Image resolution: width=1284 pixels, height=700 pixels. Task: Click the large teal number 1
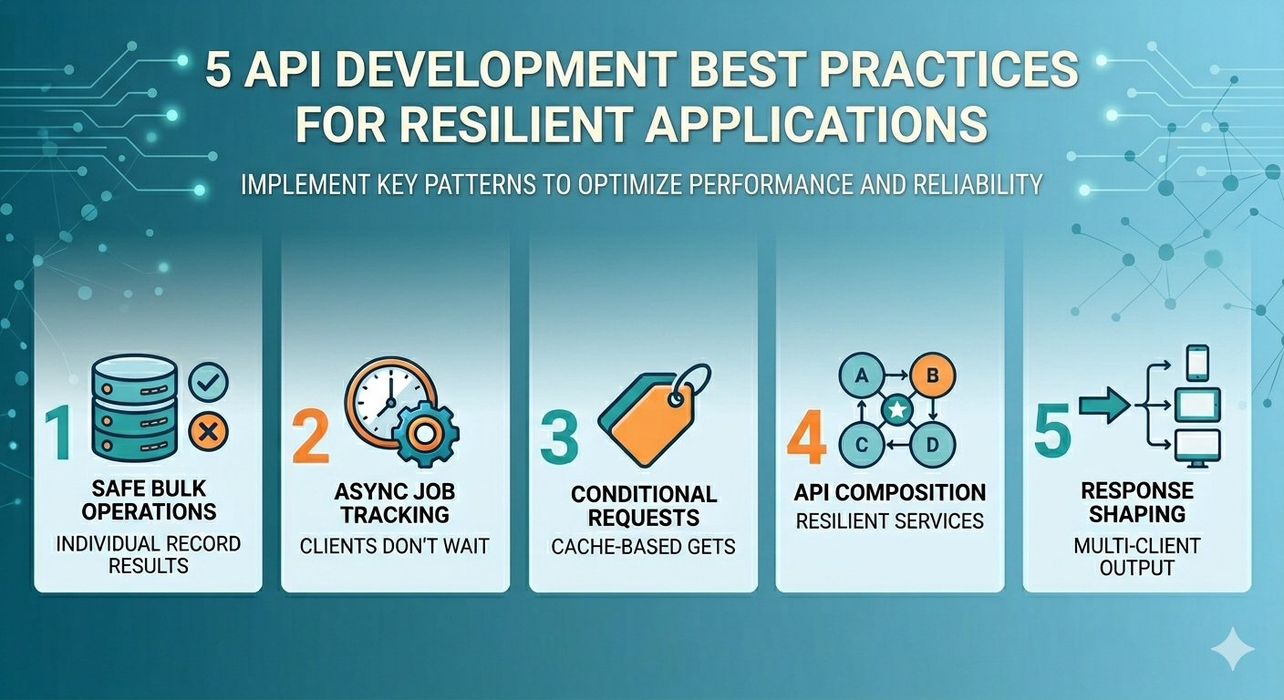click(59, 433)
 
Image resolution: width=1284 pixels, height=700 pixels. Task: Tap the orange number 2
click(311, 435)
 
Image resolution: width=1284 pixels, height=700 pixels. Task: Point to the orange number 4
click(806, 437)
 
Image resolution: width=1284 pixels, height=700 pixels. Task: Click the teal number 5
click(1052, 430)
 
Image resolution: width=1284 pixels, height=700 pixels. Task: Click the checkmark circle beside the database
click(209, 382)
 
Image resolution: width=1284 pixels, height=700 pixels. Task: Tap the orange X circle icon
click(209, 431)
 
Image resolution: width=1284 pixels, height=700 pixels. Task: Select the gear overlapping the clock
click(425, 434)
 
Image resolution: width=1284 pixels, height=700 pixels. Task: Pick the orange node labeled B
click(933, 376)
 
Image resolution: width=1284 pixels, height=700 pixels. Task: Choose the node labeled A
click(862, 376)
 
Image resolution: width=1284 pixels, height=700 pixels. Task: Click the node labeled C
click(862, 445)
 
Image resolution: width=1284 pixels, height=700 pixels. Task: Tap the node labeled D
click(933, 445)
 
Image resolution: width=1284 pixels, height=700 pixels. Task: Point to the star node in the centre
click(897, 409)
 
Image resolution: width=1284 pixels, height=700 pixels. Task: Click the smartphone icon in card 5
click(1196, 363)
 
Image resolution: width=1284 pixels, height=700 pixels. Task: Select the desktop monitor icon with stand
click(1197, 448)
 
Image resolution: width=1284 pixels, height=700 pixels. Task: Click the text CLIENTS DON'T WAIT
click(394, 546)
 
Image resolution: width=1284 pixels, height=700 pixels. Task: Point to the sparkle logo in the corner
click(1232, 648)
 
